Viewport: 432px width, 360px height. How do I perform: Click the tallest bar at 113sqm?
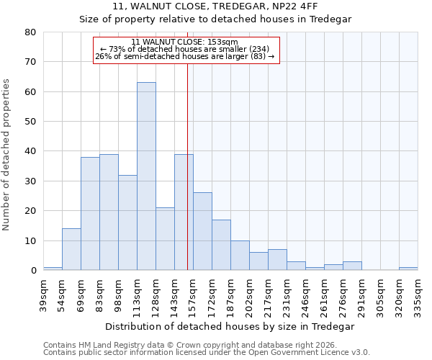pos(146,176)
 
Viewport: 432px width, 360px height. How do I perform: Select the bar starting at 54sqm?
pos(71,249)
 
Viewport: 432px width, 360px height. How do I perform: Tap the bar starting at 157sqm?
pos(202,231)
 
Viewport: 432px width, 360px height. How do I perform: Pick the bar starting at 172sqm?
pos(221,245)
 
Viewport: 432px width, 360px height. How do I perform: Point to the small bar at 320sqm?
pos(408,269)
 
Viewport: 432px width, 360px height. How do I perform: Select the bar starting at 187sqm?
pos(240,256)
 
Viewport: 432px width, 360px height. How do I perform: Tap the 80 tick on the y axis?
pos(30,32)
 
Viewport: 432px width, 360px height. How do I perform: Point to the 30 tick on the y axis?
pos(30,181)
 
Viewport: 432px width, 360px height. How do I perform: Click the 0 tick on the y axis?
pos(33,271)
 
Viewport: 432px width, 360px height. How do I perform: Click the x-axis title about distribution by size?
pos(230,326)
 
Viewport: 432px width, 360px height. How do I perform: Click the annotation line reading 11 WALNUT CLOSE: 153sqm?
pos(186,42)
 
